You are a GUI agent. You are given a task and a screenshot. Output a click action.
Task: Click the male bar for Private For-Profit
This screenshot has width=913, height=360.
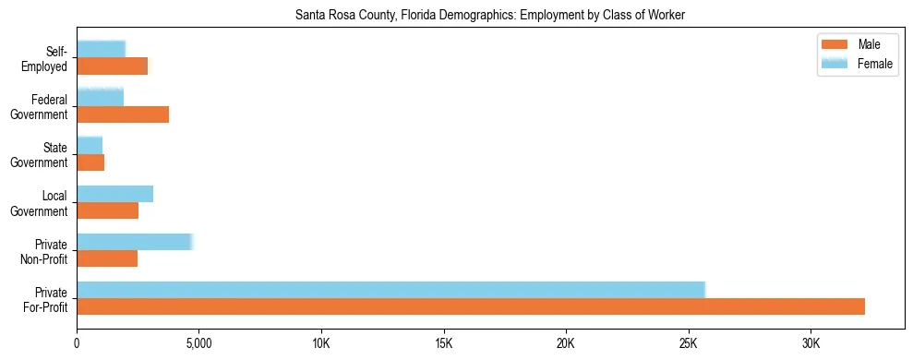471,306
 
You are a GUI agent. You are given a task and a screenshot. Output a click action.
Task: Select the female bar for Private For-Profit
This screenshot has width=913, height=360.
390,289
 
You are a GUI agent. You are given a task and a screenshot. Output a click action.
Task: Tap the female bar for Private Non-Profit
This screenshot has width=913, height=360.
134,242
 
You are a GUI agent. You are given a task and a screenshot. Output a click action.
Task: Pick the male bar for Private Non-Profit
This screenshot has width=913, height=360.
107,258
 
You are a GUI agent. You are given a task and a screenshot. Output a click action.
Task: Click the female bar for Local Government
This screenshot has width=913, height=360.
114,194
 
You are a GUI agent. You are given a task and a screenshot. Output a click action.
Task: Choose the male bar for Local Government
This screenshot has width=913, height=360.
107,210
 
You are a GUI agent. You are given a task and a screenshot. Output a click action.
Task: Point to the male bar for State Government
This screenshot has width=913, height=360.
90,162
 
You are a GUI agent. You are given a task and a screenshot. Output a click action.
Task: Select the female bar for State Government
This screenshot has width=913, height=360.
90,146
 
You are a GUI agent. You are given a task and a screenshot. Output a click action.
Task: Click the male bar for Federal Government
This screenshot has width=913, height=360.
123,114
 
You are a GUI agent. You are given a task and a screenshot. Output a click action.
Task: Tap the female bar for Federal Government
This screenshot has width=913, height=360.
100,98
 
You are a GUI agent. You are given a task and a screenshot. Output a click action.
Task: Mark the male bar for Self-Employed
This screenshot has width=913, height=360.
112,66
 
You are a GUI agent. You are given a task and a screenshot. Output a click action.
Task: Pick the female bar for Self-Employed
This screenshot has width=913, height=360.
101,49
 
